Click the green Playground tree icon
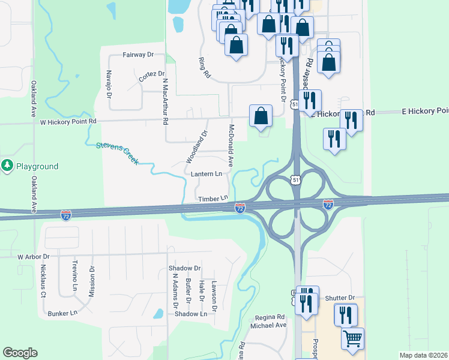[7, 166]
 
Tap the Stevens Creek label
[117, 153]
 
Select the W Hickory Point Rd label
[67, 121]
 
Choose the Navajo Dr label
[109, 85]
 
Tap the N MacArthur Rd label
[165, 100]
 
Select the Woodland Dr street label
[197, 147]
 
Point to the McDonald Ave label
[231, 145]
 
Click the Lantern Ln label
[206, 174]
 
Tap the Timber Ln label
[213, 198]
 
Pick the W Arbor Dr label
[33, 256]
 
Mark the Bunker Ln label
[63, 313]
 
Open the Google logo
[20, 353]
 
